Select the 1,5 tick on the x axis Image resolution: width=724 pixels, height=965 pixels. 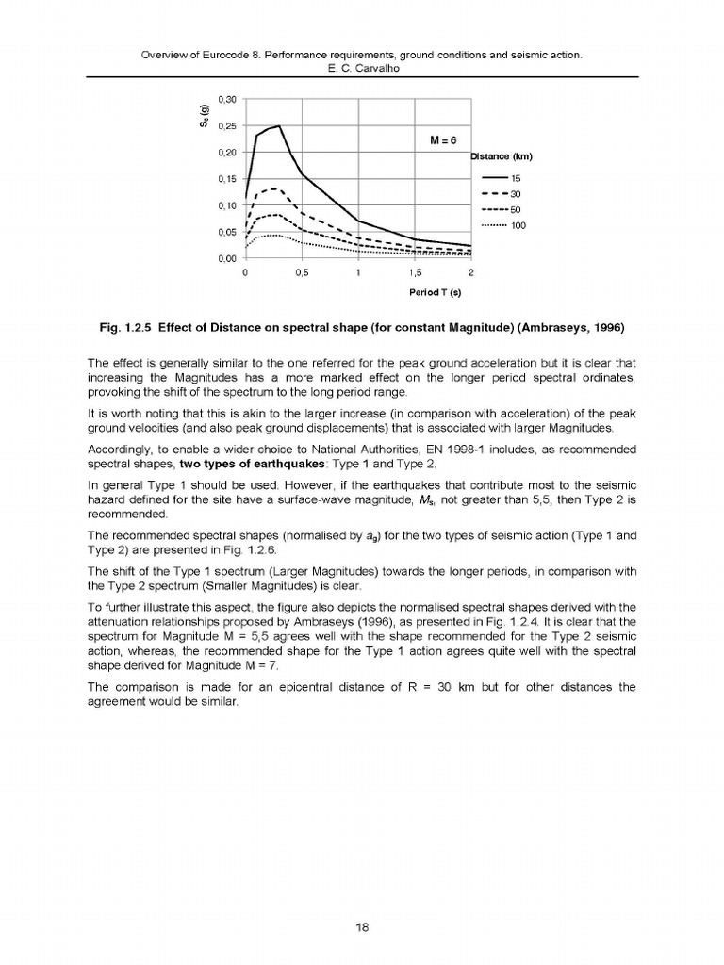[x=415, y=273]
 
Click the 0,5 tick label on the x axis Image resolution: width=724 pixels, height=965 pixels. [x=302, y=273]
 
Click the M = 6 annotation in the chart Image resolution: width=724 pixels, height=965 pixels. [x=443, y=139]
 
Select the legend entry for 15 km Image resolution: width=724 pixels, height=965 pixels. [x=499, y=178]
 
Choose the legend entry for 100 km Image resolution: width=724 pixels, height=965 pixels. [x=499, y=225]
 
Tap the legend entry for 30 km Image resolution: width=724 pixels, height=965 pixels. [x=499, y=194]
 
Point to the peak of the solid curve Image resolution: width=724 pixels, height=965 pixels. [x=279, y=125]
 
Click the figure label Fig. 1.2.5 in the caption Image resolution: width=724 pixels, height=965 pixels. [x=126, y=329]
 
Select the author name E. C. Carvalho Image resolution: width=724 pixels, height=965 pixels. [x=361, y=70]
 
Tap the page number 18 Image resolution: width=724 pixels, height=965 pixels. [x=361, y=927]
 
